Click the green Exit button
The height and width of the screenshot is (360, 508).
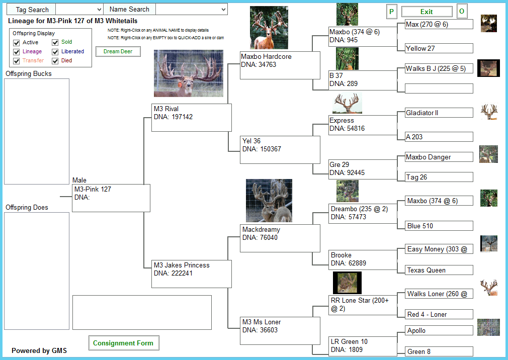(x=427, y=12)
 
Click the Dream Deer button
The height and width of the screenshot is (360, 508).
(x=118, y=51)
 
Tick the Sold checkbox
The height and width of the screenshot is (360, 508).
(x=55, y=42)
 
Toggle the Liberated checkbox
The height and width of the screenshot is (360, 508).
(x=55, y=52)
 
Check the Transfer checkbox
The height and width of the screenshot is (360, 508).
(x=17, y=61)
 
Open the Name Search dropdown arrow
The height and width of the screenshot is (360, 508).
(x=223, y=10)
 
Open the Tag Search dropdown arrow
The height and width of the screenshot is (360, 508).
(x=99, y=10)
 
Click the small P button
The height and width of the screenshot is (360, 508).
(x=391, y=12)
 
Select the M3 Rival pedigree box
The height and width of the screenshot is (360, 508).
(x=192, y=118)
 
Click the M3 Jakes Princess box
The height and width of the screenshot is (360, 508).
(x=192, y=274)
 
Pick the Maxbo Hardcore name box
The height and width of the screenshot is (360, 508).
(x=280, y=65)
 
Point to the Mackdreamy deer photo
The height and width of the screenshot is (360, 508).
(x=269, y=201)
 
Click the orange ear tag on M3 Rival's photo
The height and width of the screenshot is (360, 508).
(x=180, y=84)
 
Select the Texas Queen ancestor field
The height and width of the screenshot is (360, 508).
(x=439, y=270)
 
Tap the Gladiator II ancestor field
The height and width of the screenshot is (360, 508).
(x=439, y=113)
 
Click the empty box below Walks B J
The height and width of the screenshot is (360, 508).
(x=439, y=88)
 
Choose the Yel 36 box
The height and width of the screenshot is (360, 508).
(x=280, y=150)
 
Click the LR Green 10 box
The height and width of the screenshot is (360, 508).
(x=363, y=346)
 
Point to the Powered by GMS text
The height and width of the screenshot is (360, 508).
(x=39, y=350)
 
